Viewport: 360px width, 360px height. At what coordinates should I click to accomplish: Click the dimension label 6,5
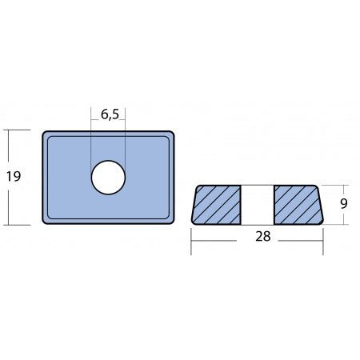(x=108, y=114)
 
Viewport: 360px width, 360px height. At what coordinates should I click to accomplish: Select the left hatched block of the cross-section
(x=218, y=205)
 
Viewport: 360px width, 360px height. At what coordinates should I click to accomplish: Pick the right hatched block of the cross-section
(x=298, y=205)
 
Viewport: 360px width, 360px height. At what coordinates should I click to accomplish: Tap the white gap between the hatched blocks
(x=258, y=205)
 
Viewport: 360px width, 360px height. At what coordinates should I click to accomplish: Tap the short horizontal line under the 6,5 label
(x=108, y=124)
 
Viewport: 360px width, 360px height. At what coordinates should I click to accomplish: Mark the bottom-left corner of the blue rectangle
(x=42, y=222)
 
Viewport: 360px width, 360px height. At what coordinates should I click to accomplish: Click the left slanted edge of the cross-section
(x=195, y=205)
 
